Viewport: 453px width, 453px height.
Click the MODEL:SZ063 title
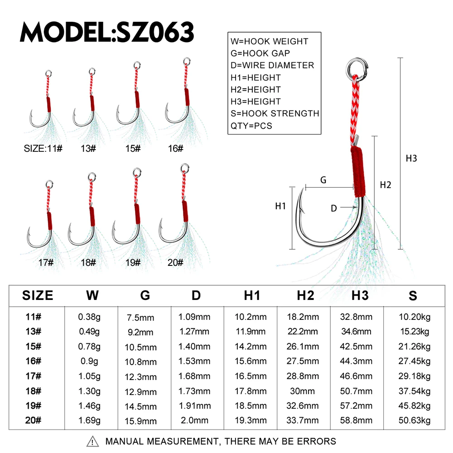(107, 32)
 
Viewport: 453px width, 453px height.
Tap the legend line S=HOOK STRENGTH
(275, 114)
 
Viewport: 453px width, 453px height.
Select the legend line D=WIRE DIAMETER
(272, 65)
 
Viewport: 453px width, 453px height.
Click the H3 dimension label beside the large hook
(411, 158)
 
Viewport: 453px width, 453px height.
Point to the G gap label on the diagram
(323, 180)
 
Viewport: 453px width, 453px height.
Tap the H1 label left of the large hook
(280, 206)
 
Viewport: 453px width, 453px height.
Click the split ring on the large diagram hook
(357, 69)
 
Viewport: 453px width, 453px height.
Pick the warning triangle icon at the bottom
(92, 441)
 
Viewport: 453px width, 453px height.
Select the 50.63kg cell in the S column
(414, 420)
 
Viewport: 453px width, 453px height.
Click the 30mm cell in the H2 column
(302, 391)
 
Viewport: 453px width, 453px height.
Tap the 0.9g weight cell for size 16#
(89, 361)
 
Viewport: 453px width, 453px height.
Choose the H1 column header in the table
(252, 295)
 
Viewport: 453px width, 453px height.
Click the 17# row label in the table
(33, 376)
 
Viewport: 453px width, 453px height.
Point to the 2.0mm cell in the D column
(194, 420)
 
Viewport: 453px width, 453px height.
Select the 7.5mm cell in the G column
(140, 318)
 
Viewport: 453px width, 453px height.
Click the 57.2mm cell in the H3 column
(356, 405)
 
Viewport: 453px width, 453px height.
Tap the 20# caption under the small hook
(175, 263)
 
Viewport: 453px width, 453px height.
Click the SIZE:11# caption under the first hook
(43, 149)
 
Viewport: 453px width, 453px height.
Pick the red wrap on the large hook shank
(358, 172)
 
